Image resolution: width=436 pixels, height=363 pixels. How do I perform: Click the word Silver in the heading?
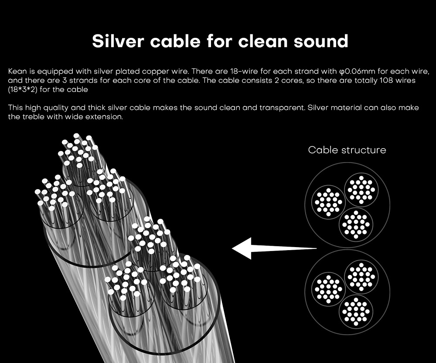118,41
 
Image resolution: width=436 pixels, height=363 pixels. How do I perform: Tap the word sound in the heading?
321,41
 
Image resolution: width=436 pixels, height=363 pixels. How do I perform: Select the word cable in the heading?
175,41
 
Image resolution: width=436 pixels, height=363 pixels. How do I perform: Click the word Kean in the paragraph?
17,71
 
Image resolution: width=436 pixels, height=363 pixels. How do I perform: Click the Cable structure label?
347,150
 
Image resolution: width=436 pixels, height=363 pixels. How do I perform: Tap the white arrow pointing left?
274,248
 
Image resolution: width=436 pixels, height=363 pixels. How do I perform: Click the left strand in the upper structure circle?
328,202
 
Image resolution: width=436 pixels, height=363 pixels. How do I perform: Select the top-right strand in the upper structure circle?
361,190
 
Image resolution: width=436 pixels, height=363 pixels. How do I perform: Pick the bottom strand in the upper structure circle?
356,224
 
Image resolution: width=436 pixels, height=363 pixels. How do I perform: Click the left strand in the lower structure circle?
328,289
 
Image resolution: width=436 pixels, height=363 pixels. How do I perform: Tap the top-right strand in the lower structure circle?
361,277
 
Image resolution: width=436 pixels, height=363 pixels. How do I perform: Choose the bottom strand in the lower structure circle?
356,312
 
